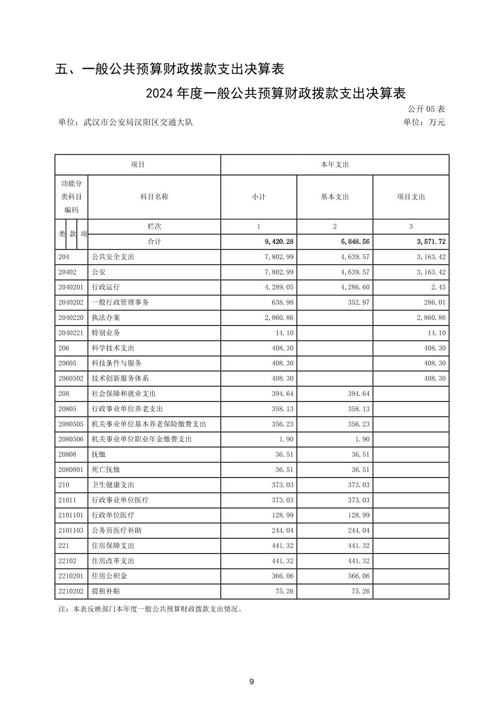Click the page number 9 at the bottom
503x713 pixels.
click(251, 682)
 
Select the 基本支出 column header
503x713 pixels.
click(334, 197)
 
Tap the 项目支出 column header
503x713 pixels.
click(411, 197)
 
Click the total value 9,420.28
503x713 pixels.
click(279, 242)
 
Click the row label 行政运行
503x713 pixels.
click(106, 287)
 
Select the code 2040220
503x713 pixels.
click(71, 318)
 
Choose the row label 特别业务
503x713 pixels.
click(106, 333)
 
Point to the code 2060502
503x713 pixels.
click(71, 378)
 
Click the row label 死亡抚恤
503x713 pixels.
click(106, 470)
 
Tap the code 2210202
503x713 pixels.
click(71, 591)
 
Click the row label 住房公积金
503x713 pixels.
click(110, 576)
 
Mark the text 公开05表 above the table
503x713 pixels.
click(426, 109)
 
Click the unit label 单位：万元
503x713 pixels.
click(424, 122)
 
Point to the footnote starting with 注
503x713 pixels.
click(150, 609)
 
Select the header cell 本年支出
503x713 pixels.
click(334, 165)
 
